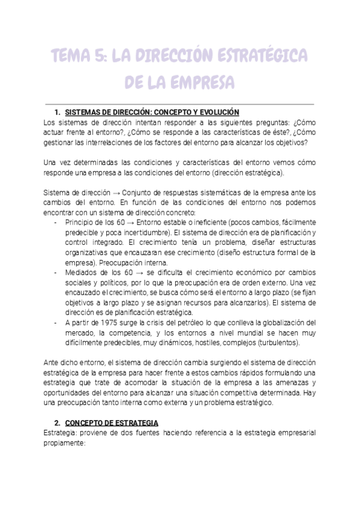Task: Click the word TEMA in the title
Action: [x=70, y=56]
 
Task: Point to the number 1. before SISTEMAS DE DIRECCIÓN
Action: [x=58, y=112]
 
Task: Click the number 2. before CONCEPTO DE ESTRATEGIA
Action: [x=58, y=423]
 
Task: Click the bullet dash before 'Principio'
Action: [x=56, y=222]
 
